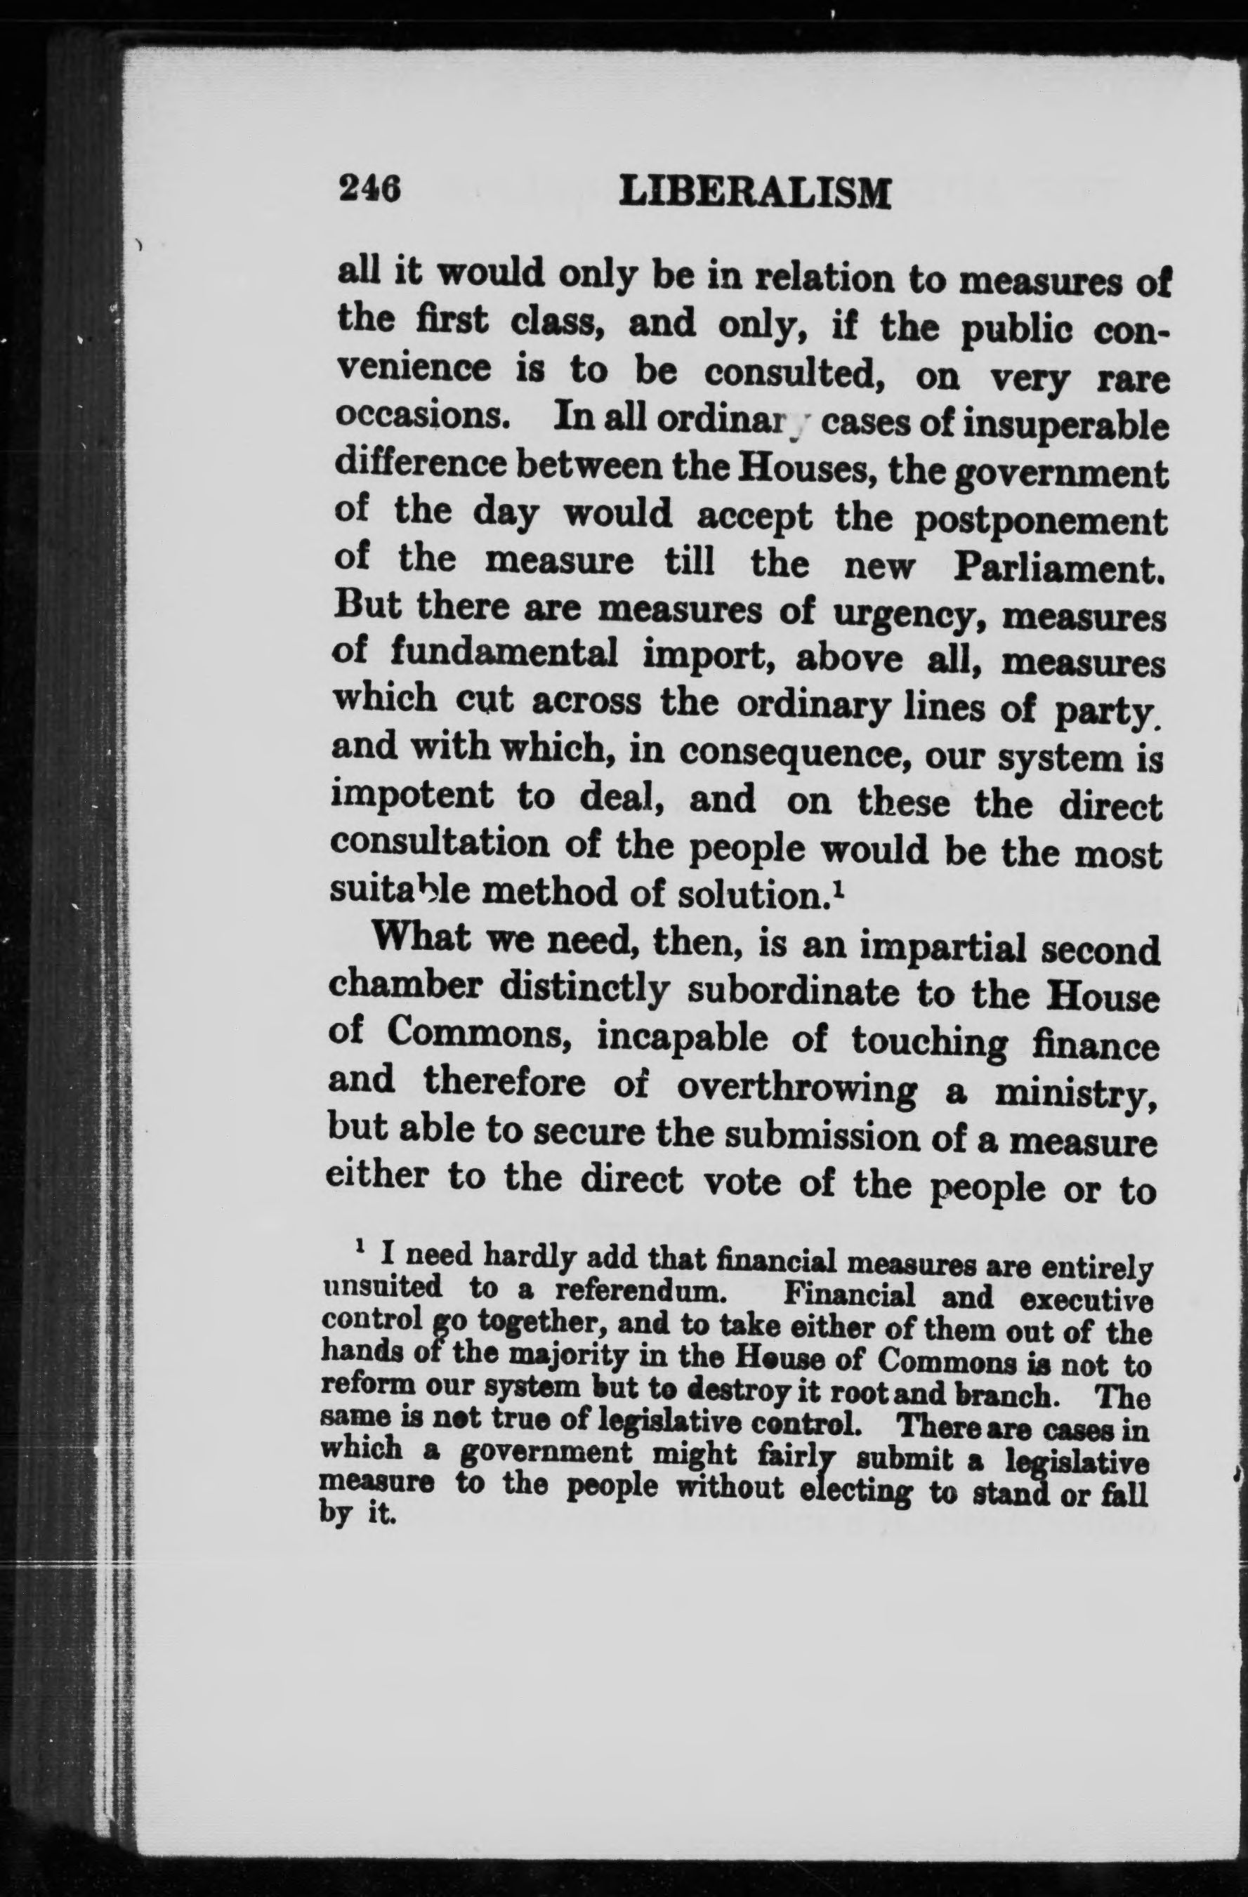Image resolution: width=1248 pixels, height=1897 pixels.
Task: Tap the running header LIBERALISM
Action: coord(754,193)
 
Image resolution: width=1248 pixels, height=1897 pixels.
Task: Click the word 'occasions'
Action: coord(411,418)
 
